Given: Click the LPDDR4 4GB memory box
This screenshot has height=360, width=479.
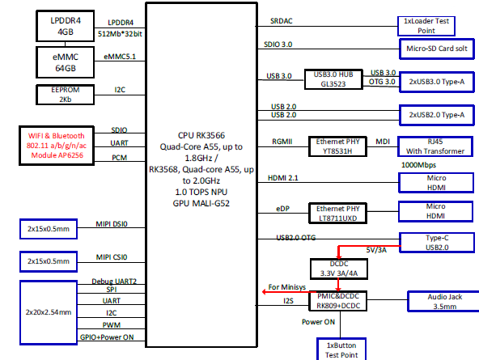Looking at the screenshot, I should pyautogui.click(x=66, y=25).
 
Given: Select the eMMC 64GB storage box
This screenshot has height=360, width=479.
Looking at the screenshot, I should pyautogui.click(x=66, y=61).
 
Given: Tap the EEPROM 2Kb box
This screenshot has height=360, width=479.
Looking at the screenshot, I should pyautogui.click(x=66, y=95).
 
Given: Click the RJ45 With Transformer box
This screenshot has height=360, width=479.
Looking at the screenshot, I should pyautogui.click(x=435, y=146).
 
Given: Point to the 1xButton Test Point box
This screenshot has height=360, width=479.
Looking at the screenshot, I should pyautogui.click(x=340, y=349).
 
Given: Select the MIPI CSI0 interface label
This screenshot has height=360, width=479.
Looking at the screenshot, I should pyautogui.click(x=112, y=257).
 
